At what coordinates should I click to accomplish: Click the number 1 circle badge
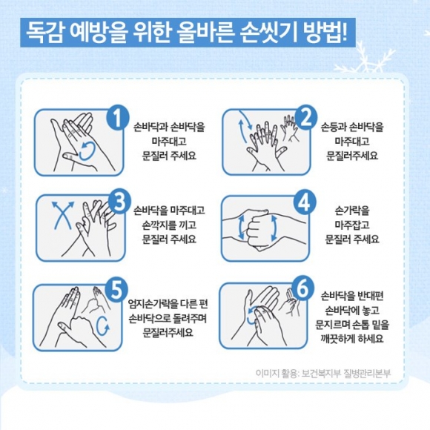[x=118, y=118]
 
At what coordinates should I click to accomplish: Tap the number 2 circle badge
[x=305, y=118]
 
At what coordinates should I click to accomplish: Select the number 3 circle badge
[x=119, y=203]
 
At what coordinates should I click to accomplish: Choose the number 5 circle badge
[x=116, y=290]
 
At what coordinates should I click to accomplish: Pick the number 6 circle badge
[x=302, y=288]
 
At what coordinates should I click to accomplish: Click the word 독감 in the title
[x=45, y=33]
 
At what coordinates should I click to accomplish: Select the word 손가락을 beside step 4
[x=352, y=211]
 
